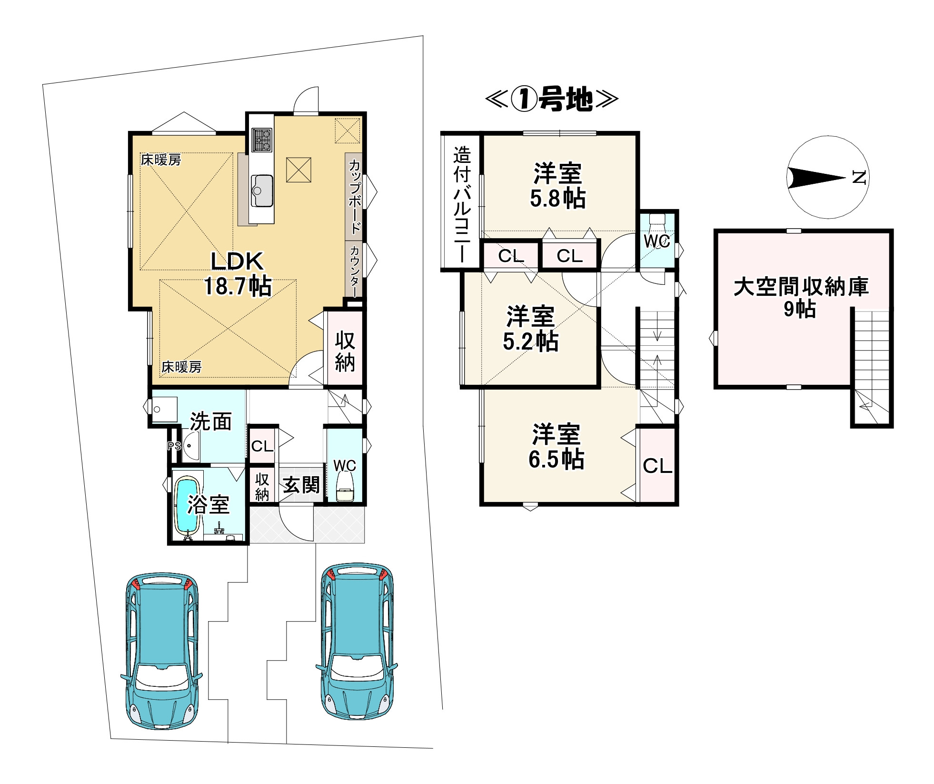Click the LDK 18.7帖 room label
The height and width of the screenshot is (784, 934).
point(238,274)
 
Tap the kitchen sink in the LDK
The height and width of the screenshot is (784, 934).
point(261,190)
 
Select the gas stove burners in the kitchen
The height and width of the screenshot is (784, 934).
point(261,140)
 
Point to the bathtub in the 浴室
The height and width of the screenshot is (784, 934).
point(187,507)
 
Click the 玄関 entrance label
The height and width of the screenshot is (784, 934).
point(301,485)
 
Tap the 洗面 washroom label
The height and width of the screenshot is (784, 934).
point(211,422)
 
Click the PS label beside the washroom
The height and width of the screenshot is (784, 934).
point(174,446)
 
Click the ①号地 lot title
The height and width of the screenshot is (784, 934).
point(552,100)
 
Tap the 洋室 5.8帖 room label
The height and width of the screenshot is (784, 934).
point(557,186)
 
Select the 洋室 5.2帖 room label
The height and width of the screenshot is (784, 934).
point(530,329)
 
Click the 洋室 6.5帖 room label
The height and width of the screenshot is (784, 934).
point(556,446)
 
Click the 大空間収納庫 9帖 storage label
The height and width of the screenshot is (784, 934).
point(801,298)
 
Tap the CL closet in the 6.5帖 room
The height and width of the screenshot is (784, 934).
point(657,466)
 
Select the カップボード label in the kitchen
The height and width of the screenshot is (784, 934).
point(355,196)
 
